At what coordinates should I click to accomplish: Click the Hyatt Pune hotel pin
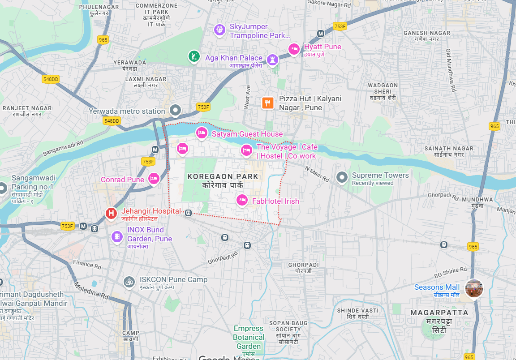294,49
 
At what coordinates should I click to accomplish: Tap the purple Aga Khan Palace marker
272,59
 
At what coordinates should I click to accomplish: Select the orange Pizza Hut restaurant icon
268,103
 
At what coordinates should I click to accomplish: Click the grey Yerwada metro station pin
175,110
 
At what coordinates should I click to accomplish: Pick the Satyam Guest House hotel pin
202,133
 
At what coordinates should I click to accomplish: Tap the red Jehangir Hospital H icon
111,213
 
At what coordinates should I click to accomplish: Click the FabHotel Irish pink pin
242,200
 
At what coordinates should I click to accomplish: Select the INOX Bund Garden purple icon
117,236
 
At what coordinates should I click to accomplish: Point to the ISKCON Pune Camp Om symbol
129,282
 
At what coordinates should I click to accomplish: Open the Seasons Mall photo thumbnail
474,288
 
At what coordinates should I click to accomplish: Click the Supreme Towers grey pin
342,177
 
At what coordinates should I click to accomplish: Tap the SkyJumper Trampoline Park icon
219,30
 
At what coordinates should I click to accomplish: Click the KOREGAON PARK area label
223,176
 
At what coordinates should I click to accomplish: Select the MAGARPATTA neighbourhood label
439,313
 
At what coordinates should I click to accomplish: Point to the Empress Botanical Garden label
249,337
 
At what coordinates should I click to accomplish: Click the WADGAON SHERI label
383,88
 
